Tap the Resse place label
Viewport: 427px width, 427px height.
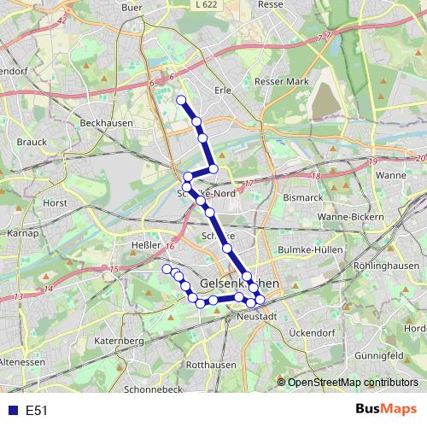point(271,4)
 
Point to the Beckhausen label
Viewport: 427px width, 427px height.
point(103,123)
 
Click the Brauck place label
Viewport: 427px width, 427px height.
point(32,142)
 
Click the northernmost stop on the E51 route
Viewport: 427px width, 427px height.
point(181,100)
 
